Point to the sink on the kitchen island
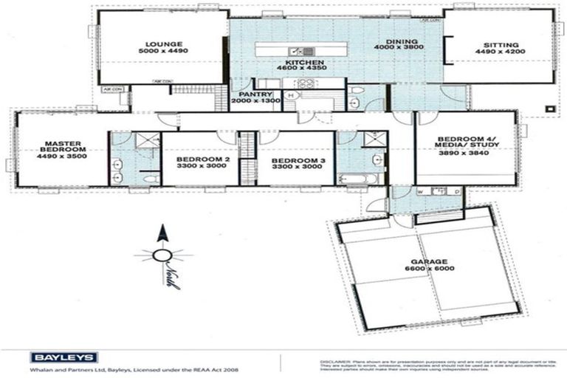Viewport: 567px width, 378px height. coord(298,51)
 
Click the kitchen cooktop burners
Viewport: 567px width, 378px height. coord(306,83)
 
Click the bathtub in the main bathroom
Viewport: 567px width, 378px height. coord(358,179)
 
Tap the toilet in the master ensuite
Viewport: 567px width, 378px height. coord(150,178)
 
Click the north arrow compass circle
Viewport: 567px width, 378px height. coord(160,256)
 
